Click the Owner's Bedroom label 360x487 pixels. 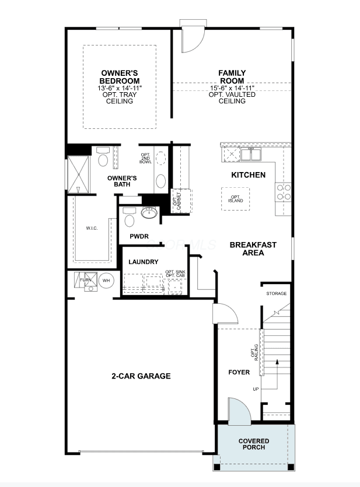[120, 77]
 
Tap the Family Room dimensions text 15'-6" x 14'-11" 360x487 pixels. [232, 88]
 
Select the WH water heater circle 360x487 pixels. [106, 281]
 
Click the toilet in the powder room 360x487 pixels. [129, 217]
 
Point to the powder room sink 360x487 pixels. [149, 212]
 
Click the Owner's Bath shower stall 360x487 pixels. [78, 174]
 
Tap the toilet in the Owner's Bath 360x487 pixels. [103, 157]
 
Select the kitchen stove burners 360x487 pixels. [284, 192]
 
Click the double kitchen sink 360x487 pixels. [251, 154]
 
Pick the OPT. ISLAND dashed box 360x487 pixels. [236, 199]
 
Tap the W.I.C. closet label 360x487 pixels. [92, 228]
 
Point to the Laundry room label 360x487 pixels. [144, 262]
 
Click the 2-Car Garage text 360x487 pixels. [141, 376]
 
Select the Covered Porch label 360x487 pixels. [254, 444]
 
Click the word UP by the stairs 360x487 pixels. [256, 389]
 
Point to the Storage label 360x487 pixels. [277, 293]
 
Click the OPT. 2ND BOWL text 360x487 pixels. [145, 159]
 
